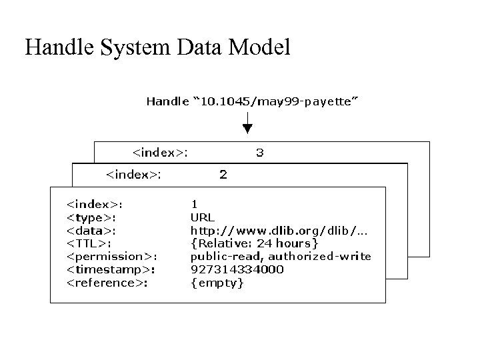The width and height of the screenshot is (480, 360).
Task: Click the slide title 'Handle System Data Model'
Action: [x=157, y=47]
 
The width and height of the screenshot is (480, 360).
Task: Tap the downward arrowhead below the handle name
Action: [x=247, y=129]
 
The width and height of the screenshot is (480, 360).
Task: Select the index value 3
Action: [x=260, y=153]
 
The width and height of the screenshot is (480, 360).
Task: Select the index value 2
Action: [x=223, y=175]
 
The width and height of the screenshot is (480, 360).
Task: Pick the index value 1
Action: [x=194, y=204]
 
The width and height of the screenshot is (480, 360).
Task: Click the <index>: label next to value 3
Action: [x=160, y=153]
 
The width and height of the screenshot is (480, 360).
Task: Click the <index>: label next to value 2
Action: [x=133, y=175]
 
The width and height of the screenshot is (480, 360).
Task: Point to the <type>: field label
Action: [x=93, y=217]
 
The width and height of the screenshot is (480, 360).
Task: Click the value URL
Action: [x=202, y=217]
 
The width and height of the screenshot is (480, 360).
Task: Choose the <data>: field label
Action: [x=92, y=230]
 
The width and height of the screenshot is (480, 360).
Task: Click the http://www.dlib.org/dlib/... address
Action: [x=280, y=230]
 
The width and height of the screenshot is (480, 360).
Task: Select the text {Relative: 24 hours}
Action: [x=259, y=243]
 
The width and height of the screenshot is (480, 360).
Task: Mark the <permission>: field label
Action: [x=112, y=257]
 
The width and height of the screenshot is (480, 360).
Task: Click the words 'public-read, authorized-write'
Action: [x=281, y=257]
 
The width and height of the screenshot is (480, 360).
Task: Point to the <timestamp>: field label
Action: [x=111, y=269]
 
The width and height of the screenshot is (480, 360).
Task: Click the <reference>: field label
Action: [x=107, y=283]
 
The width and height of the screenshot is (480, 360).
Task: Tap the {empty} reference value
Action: [x=217, y=283]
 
